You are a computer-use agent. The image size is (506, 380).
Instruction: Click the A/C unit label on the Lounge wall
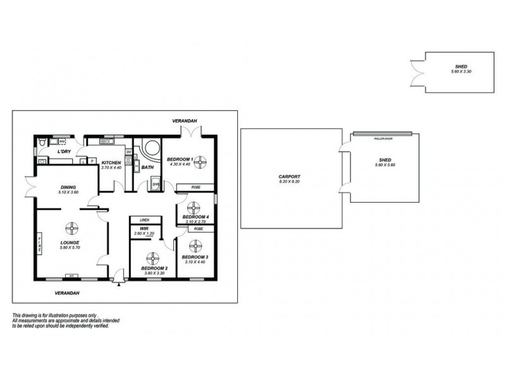tap(71, 275)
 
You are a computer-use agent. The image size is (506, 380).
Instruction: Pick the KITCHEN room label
tap(111, 163)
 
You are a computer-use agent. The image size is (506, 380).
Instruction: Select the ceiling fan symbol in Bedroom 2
tap(152, 257)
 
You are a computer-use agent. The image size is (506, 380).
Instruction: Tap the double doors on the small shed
tap(417, 71)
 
